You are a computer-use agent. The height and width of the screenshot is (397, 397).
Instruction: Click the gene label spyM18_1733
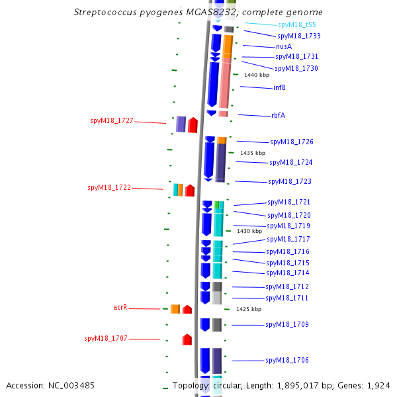coord(299,36)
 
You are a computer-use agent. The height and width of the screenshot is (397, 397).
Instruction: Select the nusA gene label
coord(284,47)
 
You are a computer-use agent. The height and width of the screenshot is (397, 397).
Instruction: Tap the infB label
coord(279,87)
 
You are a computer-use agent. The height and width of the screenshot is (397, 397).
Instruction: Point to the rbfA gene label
coord(278,115)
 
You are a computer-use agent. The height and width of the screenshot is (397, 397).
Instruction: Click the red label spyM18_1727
coord(112,121)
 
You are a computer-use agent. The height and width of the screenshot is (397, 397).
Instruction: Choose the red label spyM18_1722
coord(109,188)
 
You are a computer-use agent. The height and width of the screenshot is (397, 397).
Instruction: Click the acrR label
coord(120,308)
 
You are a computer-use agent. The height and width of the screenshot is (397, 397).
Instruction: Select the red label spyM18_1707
coord(106,339)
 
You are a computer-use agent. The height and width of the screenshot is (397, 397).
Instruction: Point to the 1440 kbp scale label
coord(257,75)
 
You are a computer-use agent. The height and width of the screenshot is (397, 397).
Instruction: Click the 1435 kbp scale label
coord(253,153)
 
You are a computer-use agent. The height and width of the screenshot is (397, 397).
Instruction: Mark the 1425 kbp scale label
coord(249,309)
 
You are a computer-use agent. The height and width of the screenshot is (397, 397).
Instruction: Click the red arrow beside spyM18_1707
coord(187,339)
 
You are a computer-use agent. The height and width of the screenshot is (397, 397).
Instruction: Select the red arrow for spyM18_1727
coord(193,124)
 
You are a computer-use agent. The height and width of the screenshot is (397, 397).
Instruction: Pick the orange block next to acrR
coord(175,309)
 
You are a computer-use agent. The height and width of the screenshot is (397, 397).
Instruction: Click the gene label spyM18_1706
coord(287,361)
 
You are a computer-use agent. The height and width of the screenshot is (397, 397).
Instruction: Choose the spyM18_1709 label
coord(287,325)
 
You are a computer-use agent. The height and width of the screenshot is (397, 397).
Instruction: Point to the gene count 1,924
coord(379,385)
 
